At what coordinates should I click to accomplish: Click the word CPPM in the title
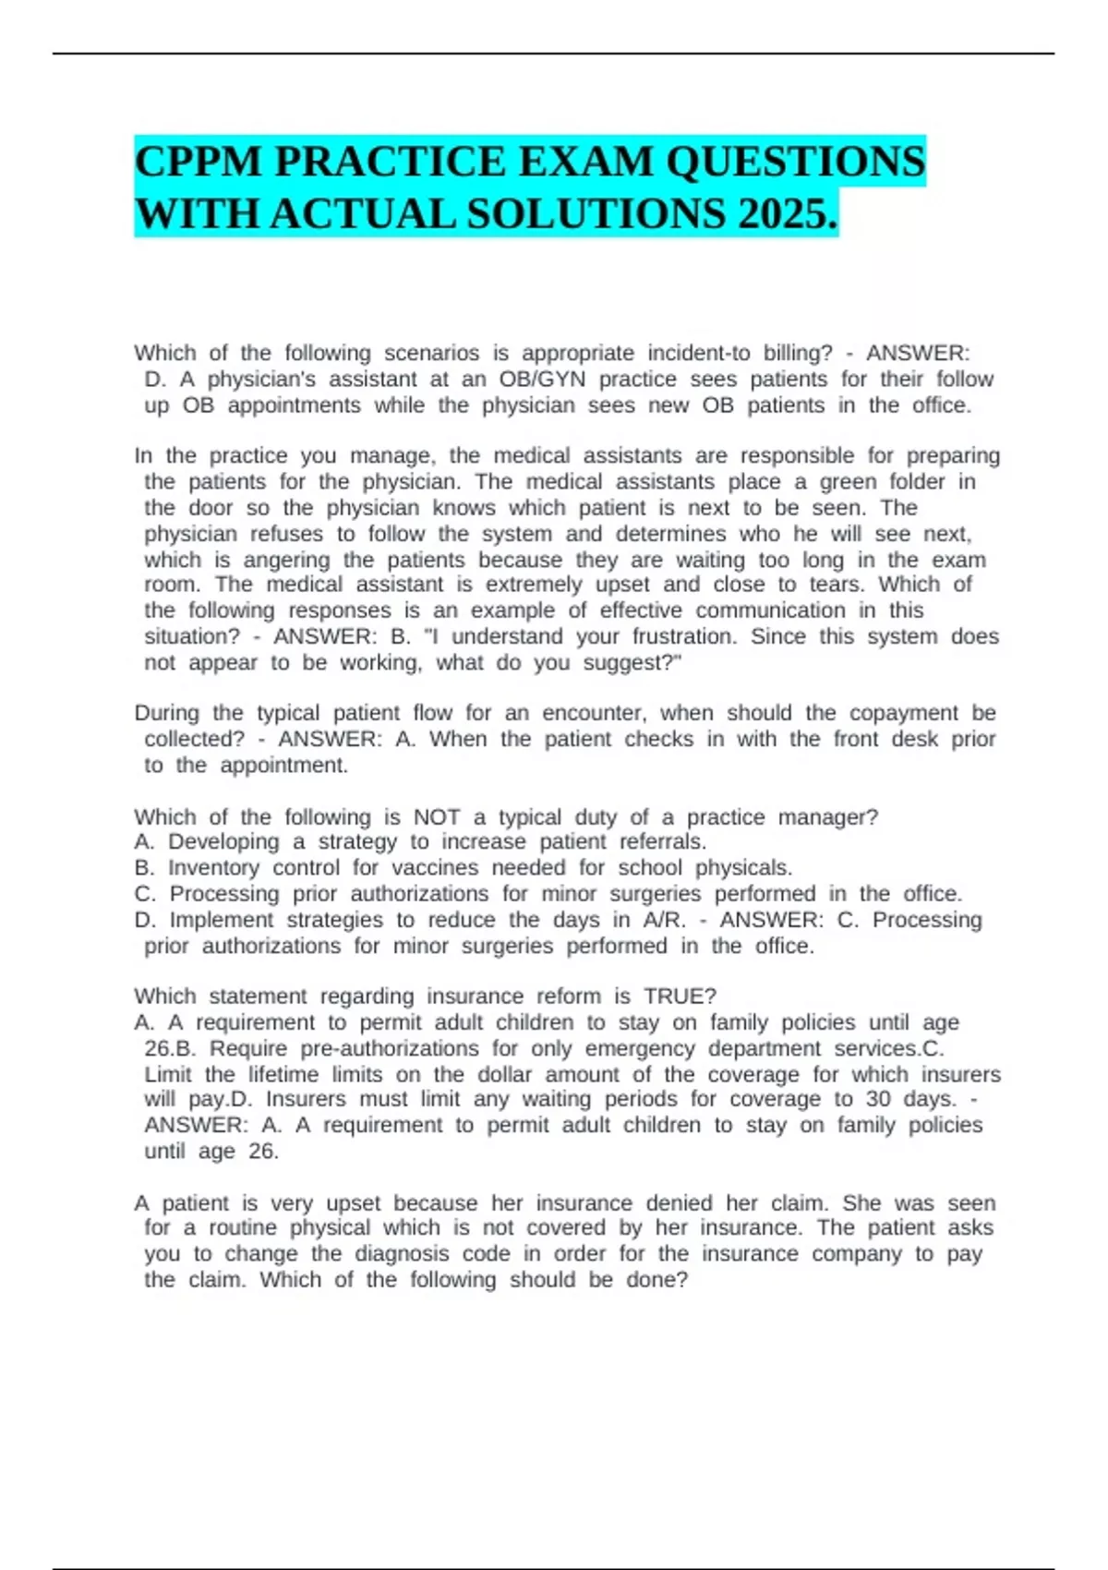[198, 162]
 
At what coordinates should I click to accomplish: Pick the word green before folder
[848, 481]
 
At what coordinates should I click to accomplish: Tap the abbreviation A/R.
[665, 920]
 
